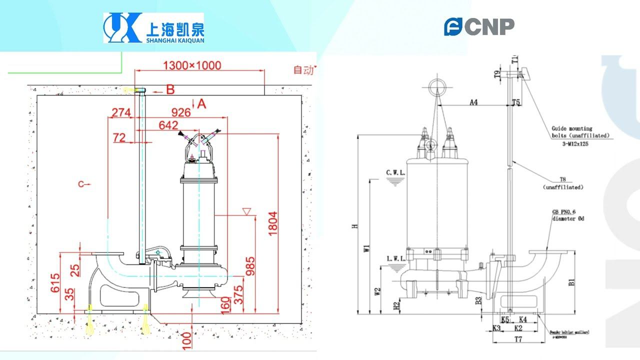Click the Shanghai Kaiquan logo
click(153, 28)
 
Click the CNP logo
click(479, 26)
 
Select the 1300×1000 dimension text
click(192, 65)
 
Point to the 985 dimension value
click(249, 269)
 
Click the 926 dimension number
click(181, 112)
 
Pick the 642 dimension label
click(168, 125)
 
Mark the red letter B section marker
click(170, 90)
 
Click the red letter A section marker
click(201, 103)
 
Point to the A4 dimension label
click(473, 102)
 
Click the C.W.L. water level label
click(395, 172)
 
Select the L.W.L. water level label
click(395, 258)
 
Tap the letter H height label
click(354, 226)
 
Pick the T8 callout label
click(562, 179)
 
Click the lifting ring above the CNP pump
click(437, 86)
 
